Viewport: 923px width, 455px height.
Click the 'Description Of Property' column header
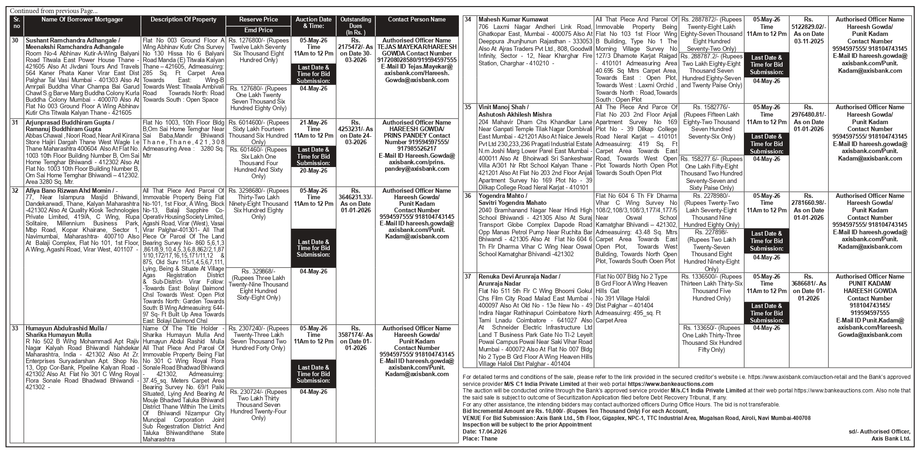tap(183, 20)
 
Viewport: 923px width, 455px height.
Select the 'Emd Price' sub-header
tap(258, 30)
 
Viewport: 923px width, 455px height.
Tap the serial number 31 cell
tap(15, 123)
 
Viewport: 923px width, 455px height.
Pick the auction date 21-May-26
tap(313, 122)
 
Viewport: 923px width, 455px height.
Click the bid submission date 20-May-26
tap(313, 171)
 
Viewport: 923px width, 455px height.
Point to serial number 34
tap(468, 20)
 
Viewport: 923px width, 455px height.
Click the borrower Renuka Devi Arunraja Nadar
tap(520, 277)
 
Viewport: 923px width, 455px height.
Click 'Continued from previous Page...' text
tap(54, 11)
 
